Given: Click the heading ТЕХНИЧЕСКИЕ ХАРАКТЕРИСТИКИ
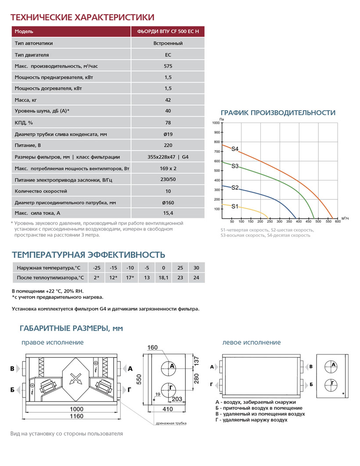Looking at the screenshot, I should pyautogui.click(x=82, y=18).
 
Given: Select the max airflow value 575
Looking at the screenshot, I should pyautogui.click(x=168, y=66).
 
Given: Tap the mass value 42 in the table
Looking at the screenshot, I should pyautogui.click(x=168, y=100).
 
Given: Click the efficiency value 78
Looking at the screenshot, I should pyautogui.click(x=168, y=123).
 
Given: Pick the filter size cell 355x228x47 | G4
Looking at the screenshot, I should pyautogui.click(x=168, y=157).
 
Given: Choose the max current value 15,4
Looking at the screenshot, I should pyautogui.click(x=168, y=213).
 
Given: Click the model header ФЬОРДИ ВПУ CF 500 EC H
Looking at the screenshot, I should pyautogui.click(x=168, y=32).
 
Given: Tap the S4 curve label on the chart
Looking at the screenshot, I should pyautogui.click(x=235, y=149).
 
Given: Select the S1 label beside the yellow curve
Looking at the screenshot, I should pyautogui.click(x=235, y=206).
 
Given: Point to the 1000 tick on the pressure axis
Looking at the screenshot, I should pyautogui.click(x=216, y=123).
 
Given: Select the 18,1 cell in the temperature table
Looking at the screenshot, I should pyautogui.click(x=163, y=278).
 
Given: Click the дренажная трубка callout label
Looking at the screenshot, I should pyautogui.click(x=171, y=423).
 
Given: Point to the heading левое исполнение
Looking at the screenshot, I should pyautogui.click(x=252, y=342).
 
